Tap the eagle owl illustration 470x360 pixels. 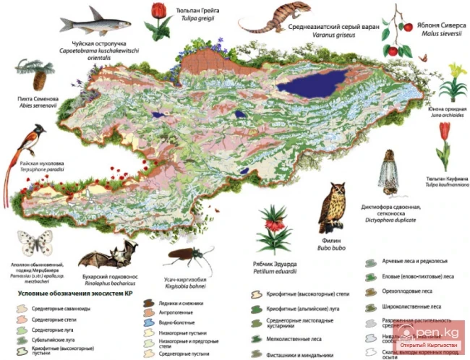333,206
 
